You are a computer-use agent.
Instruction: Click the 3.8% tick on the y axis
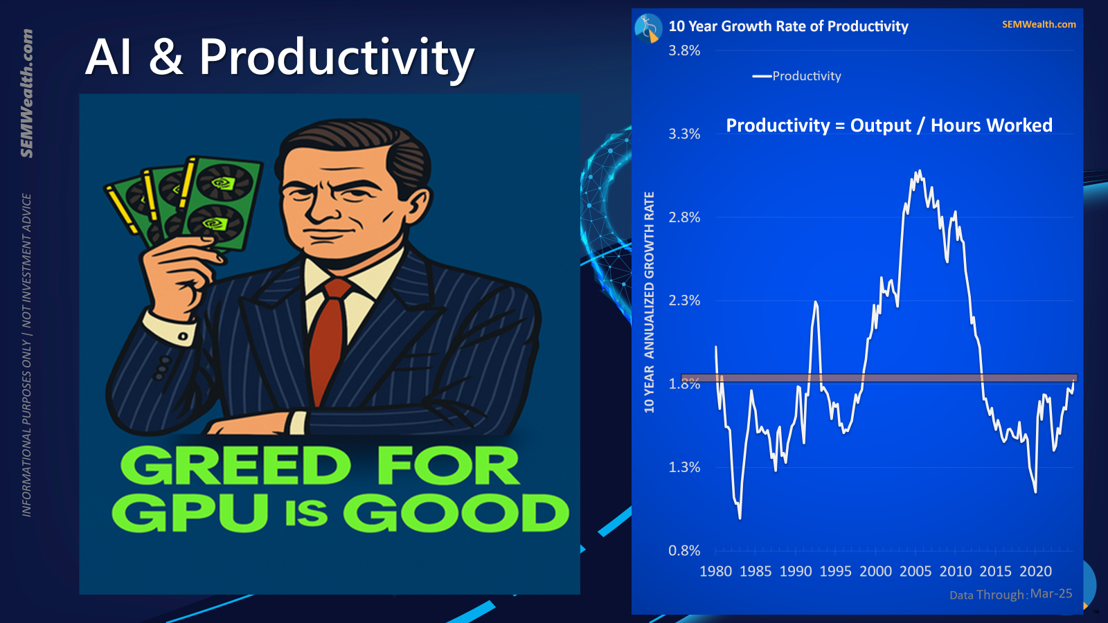pos(684,51)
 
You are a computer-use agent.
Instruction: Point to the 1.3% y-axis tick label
pos(684,467)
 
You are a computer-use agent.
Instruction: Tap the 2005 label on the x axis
pos(915,572)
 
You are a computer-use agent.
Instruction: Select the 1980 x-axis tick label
pos(716,572)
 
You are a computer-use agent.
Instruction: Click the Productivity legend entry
pos(797,76)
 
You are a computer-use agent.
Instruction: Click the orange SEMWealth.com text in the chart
pos(1039,24)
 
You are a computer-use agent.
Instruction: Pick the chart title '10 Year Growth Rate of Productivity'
pos(789,26)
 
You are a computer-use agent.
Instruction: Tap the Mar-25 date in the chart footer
pos(1051,593)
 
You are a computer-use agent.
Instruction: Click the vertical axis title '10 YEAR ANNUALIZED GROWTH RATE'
pos(649,302)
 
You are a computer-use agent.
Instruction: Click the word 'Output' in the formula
pos(880,125)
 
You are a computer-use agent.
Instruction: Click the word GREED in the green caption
pos(235,465)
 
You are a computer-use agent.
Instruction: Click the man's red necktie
pos(328,341)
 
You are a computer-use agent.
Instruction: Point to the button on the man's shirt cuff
pos(183,336)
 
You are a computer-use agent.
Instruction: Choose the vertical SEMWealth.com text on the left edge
pos(27,93)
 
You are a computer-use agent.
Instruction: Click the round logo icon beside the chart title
pos(648,28)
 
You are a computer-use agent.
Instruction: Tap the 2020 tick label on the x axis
pos(1036,572)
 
